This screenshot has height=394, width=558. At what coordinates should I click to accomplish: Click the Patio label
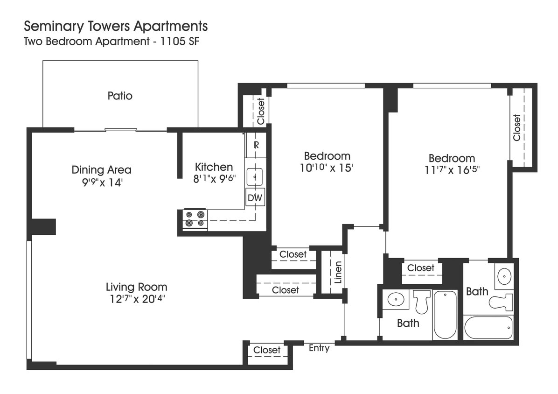pos(120,96)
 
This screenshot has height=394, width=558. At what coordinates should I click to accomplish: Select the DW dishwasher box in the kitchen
pos(255,197)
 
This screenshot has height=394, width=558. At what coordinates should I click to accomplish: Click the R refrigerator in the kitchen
pos(256,145)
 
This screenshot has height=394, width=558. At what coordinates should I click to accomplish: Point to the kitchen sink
pos(255,176)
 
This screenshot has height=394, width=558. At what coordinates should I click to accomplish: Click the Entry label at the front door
pos(319,348)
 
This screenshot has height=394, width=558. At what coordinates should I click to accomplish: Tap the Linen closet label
pos(338,272)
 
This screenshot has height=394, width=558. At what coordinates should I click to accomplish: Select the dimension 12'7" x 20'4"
pos(136,299)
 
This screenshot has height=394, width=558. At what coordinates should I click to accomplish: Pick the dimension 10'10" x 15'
pos(327,168)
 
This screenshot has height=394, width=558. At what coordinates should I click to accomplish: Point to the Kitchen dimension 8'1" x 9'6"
pos(214,179)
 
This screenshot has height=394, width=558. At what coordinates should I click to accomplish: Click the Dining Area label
pos(101,169)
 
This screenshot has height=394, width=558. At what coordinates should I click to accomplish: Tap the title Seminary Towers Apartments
pos(116,25)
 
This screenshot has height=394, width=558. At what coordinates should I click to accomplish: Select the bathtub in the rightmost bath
pos(488,328)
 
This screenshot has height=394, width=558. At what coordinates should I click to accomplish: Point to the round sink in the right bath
pos(504,276)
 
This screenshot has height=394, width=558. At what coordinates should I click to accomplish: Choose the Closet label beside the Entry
pos(267,350)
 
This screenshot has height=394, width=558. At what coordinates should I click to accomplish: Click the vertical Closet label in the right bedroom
pos(516,127)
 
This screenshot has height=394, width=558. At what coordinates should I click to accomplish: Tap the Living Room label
pos(136,287)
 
